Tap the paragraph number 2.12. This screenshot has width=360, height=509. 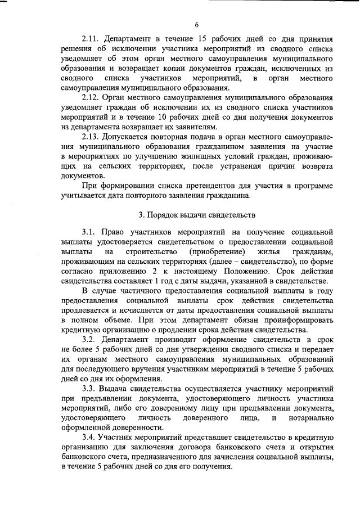point(91,97)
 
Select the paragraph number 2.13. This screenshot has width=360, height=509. point(91,137)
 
